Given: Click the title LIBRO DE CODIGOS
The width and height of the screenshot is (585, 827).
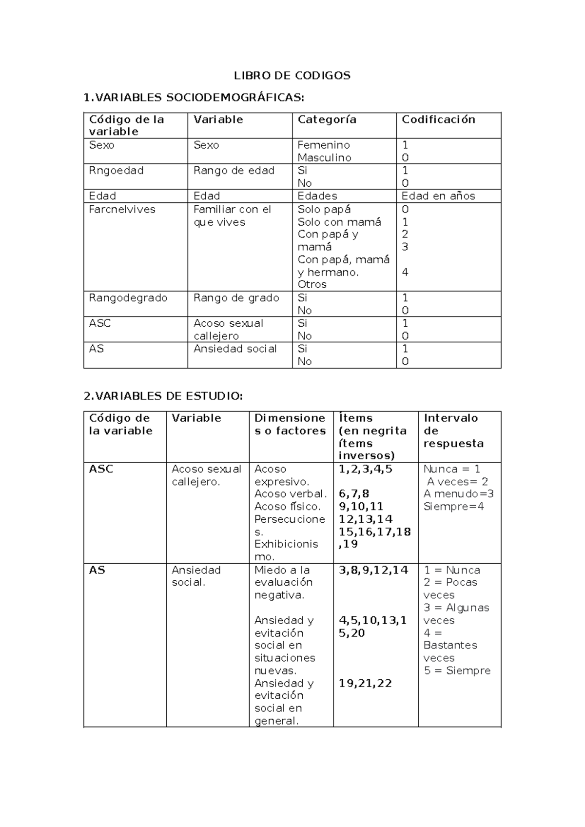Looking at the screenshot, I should [x=292, y=76].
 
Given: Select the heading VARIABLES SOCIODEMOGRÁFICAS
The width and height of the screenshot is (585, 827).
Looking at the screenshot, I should [x=194, y=98].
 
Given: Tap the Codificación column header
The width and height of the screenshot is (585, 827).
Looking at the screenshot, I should [x=438, y=119].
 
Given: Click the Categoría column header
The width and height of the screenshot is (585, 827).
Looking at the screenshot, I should [x=327, y=119].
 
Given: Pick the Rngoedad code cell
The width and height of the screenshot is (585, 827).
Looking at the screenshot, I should [x=116, y=170].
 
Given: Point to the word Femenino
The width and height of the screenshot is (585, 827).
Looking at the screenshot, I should [x=324, y=145].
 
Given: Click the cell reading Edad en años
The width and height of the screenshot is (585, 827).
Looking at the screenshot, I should [x=438, y=196].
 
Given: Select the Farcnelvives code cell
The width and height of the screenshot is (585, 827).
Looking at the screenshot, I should [x=122, y=209].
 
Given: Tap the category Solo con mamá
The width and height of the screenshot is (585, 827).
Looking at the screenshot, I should [x=339, y=222].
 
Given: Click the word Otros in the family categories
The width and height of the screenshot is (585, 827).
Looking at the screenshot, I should [x=312, y=284].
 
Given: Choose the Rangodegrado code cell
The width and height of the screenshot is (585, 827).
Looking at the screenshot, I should [x=128, y=297].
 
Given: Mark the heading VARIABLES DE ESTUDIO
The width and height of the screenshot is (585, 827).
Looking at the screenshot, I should [x=163, y=396].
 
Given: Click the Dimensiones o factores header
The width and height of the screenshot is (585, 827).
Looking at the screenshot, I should [x=290, y=424].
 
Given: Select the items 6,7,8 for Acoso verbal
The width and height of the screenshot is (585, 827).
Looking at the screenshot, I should [x=354, y=493].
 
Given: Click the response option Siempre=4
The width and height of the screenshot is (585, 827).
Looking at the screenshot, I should [x=453, y=506].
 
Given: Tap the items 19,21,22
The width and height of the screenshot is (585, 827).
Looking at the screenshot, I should [x=365, y=683].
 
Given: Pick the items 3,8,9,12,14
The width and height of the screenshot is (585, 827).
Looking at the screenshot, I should [x=373, y=570].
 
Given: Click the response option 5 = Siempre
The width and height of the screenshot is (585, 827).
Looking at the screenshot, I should [x=457, y=670].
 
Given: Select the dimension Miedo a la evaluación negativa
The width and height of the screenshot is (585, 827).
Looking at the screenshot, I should [x=282, y=582].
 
